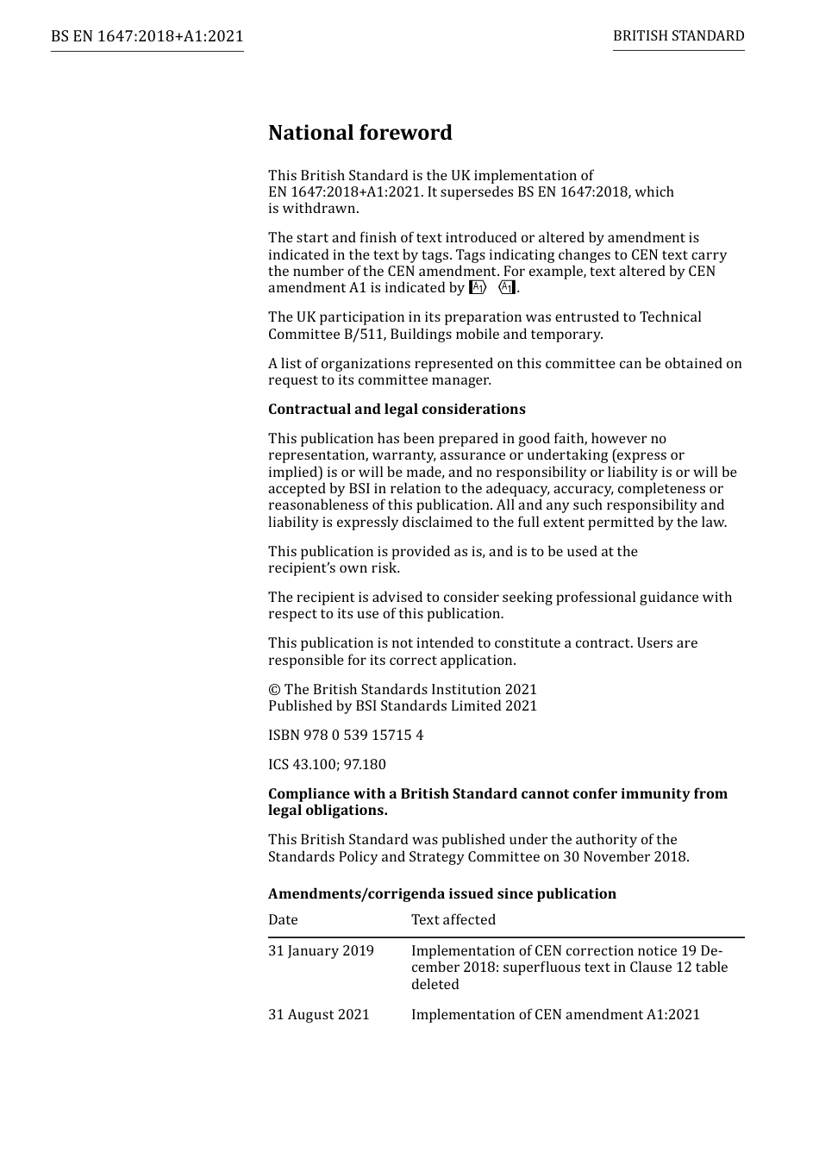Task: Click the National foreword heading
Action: [359, 133]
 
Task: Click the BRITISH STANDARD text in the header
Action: [678, 36]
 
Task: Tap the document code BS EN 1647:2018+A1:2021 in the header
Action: [147, 36]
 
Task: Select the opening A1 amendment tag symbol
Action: [478, 288]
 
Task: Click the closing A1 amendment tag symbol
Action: [508, 288]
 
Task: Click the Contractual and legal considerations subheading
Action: [397, 410]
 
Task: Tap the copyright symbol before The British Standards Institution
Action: [274, 690]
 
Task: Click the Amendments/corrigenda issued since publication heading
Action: [441, 894]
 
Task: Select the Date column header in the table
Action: [283, 920]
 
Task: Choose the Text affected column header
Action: [453, 920]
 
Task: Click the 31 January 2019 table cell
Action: [321, 951]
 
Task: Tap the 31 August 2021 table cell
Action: [318, 1015]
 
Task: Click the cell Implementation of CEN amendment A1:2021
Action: [555, 1015]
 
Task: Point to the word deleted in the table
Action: [435, 985]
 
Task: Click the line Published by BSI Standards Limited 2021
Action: [403, 706]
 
